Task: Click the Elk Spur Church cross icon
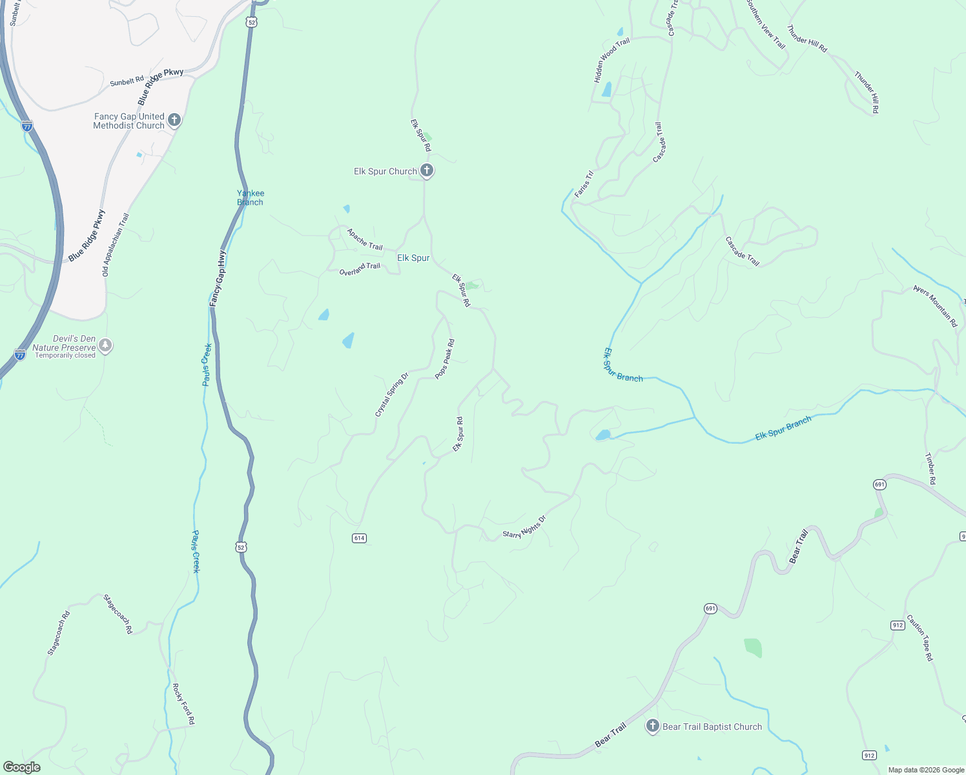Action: pos(426,171)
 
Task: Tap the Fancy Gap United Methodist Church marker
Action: pos(174,120)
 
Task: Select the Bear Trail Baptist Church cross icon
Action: pos(653,727)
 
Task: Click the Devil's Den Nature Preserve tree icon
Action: pos(105,346)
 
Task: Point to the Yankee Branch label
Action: pos(251,198)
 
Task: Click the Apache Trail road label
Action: pos(365,240)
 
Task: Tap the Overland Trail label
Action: pos(360,269)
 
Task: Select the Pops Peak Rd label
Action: pos(445,359)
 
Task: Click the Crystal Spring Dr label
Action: pos(392,395)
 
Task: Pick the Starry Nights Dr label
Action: pos(524,527)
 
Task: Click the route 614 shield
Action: pos(359,538)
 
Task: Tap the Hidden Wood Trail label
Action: pos(611,61)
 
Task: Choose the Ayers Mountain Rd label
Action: pos(935,306)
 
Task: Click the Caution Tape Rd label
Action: pos(920,638)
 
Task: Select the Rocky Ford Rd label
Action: pos(183,704)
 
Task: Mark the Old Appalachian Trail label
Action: pos(116,245)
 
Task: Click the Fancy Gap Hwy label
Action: pos(218,278)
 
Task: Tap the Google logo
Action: pos(22,767)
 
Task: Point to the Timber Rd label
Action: pos(930,469)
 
